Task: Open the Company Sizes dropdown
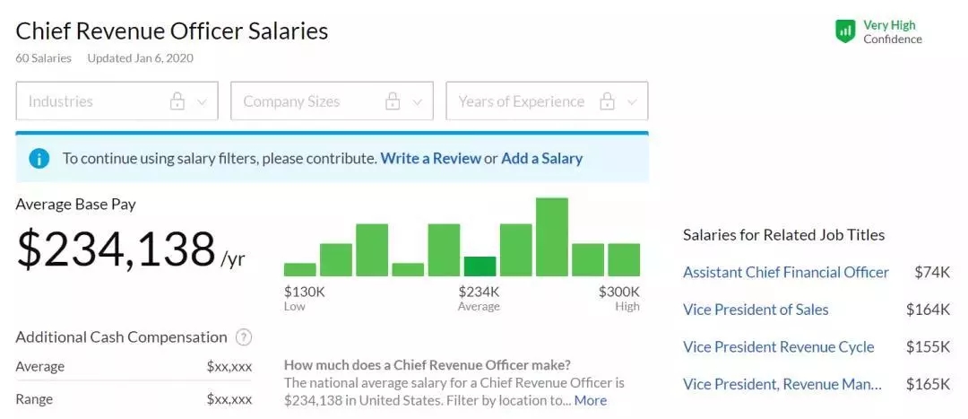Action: (x=332, y=101)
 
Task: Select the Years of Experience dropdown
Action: (x=547, y=101)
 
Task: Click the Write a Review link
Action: (x=430, y=159)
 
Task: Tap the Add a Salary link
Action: (x=541, y=159)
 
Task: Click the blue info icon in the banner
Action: (x=39, y=159)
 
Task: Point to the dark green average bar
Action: (x=480, y=266)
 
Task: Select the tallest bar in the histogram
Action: (x=551, y=237)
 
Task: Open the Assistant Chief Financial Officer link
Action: (x=786, y=272)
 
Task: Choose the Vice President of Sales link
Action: (x=756, y=310)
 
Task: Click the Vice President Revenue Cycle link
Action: (x=779, y=347)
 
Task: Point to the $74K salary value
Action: (x=932, y=272)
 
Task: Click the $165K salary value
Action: (x=928, y=384)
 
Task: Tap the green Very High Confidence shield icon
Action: (x=845, y=32)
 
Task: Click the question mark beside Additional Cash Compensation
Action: (x=243, y=337)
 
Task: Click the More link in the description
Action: (x=591, y=400)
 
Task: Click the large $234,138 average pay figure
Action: (x=117, y=249)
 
